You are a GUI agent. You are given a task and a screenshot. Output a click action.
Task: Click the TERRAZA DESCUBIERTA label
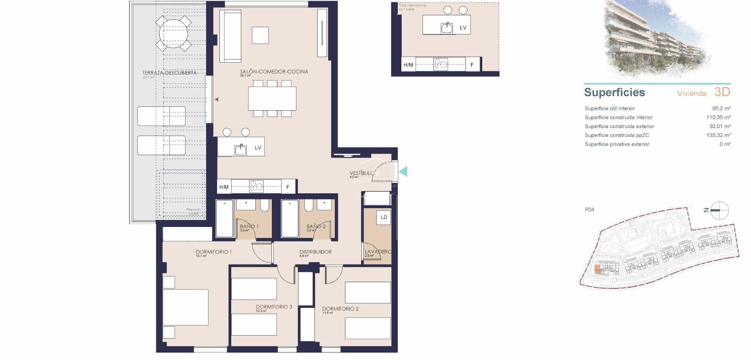169,73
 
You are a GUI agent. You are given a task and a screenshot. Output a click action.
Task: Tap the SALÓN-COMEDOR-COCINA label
274,72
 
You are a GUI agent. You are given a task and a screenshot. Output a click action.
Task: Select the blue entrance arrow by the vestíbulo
403,171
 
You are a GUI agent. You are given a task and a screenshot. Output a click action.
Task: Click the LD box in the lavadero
384,218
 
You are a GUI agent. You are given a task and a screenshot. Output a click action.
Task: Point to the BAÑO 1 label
249,226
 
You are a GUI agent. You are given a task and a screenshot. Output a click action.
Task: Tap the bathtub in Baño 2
290,219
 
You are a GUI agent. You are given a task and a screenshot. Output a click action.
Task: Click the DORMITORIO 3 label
274,307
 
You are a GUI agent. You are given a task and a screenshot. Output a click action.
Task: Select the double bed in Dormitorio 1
185,307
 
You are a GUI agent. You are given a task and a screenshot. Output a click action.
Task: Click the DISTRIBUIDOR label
315,252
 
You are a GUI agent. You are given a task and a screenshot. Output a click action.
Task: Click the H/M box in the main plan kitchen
224,187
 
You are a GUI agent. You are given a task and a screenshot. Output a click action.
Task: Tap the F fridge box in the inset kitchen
472,65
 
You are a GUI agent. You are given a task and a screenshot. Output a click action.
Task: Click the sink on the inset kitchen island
447,28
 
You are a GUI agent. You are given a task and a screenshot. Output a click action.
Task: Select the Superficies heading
614,92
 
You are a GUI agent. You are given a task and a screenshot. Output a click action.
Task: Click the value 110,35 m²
718,117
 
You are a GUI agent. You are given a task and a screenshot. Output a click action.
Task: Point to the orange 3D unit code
722,92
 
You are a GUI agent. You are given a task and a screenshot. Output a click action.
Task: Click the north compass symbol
719,211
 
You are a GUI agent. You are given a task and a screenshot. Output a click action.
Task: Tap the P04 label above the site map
589,210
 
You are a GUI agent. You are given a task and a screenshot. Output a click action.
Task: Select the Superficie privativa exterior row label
617,144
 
